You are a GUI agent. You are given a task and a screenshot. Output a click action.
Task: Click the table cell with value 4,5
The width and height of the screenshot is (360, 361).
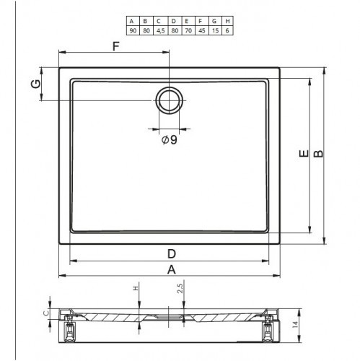(160, 30)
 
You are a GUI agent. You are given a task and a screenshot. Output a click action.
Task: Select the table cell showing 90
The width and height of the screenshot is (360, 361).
(133, 30)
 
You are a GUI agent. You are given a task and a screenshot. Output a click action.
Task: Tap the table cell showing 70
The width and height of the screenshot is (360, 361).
(188, 30)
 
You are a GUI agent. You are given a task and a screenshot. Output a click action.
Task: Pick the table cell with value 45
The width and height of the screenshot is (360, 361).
(202, 30)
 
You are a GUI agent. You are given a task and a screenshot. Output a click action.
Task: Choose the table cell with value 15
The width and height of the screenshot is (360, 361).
(215, 30)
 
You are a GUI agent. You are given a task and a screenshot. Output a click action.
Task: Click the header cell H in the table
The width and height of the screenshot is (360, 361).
(227, 21)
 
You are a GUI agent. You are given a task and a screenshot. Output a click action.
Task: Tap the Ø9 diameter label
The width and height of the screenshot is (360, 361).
(170, 139)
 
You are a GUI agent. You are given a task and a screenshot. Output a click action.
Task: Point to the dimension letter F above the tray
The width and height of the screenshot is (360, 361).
(116, 46)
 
